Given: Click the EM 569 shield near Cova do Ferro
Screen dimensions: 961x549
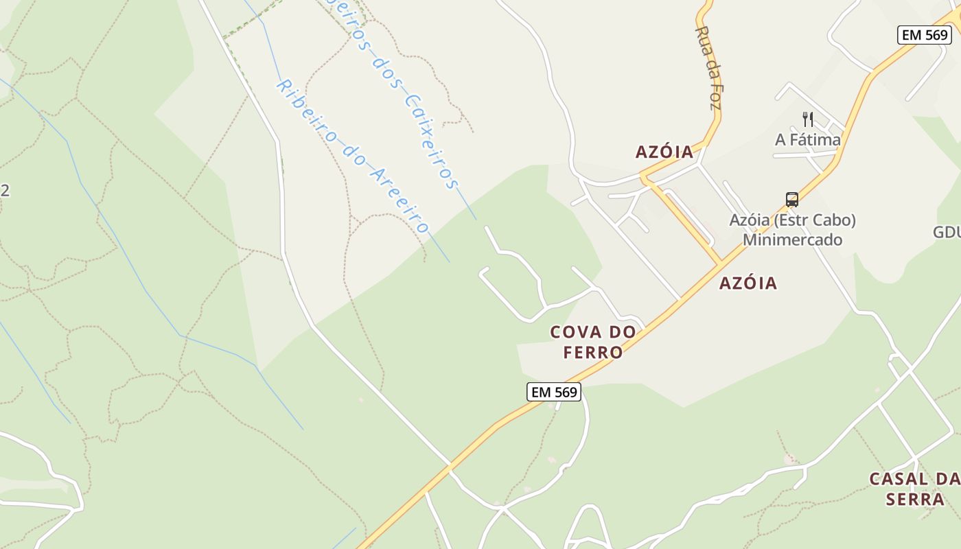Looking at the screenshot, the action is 554,392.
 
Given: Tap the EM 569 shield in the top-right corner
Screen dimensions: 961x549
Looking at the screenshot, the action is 924,35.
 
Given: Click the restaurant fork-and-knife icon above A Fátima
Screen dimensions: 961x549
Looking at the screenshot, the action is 808,119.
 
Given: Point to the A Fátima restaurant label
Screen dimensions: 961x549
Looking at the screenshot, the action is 808,140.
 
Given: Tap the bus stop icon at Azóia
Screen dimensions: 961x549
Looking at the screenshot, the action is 792,200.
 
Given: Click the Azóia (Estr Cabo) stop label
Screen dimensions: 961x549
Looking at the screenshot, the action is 792,220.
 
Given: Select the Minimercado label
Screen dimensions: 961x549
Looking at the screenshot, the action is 792,240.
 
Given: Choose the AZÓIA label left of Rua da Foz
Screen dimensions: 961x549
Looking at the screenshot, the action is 664,152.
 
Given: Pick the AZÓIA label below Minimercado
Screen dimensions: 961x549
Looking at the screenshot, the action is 748,283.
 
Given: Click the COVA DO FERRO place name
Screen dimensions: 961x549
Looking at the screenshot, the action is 593,342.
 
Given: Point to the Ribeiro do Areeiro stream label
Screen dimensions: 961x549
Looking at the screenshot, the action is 352,156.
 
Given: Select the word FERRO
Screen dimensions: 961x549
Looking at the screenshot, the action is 593,353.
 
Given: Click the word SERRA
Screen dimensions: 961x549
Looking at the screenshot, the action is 915,499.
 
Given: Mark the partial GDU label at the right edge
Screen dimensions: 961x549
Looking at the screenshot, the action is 947,233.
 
